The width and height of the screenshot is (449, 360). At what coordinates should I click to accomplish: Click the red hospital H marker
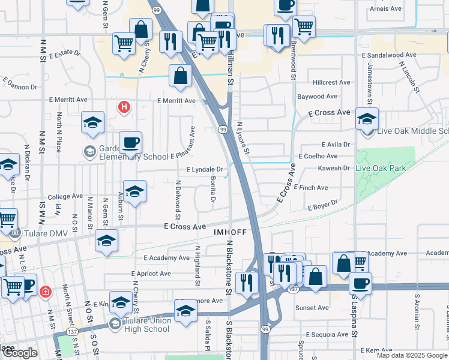coord(124,107)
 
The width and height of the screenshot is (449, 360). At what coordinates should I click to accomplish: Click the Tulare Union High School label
coord(148,325)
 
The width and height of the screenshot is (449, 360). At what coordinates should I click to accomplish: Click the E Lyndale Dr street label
coord(204,170)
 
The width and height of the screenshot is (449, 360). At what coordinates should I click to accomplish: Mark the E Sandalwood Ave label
coord(389,55)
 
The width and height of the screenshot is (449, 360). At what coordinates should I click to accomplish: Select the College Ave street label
coord(65,196)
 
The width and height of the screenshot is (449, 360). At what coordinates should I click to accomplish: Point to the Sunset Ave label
coord(312,308)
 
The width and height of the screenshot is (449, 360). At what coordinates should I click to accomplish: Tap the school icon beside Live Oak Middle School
coord(366,119)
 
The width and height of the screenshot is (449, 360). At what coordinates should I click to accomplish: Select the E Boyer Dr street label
coord(323,207)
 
